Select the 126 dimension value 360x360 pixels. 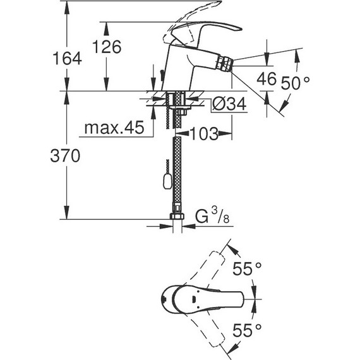pyautogui.click(x=105, y=46)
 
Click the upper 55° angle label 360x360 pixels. pyautogui.click(x=247, y=269)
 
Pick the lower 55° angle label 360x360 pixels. pyautogui.click(x=247, y=329)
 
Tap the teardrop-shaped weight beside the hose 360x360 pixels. pyautogui.click(x=165, y=183)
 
